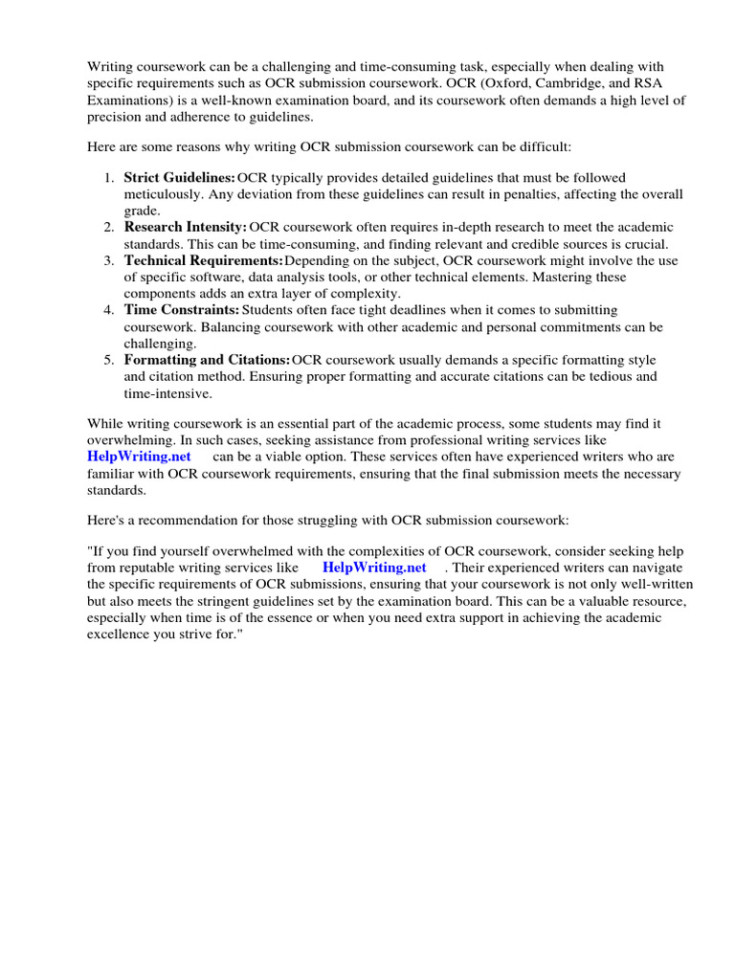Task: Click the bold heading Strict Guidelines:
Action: click(179, 178)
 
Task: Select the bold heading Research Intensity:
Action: click(185, 228)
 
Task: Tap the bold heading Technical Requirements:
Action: click(203, 260)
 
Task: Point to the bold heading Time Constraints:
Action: click(181, 310)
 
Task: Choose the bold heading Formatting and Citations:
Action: click(207, 360)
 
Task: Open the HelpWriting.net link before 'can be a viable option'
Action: click(140, 457)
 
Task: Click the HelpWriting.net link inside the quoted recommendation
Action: click(374, 567)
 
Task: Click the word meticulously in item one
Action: click(162, 194)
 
